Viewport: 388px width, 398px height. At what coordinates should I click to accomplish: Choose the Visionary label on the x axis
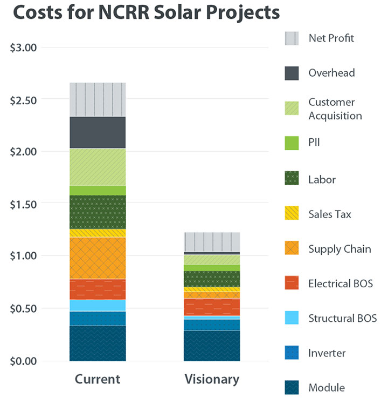click(x=212, y=379)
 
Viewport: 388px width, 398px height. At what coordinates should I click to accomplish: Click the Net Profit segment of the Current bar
click(x=98, y=99)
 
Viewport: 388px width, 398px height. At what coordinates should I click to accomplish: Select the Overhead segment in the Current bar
click(x=98, y=132)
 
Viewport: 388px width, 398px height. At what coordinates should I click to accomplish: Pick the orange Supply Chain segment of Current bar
click(x=98, y=258)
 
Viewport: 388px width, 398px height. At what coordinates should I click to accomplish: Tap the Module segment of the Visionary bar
click(x=212, y=346)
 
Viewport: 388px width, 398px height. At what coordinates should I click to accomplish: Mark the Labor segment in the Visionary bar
click(x=212, y=279)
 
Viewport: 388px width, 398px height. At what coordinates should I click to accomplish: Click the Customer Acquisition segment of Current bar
click(x=98, y=167)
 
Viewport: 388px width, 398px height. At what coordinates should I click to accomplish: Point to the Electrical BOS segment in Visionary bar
click(x=212, y=307)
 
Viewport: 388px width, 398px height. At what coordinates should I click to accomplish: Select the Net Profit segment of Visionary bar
click(x=212, y=242)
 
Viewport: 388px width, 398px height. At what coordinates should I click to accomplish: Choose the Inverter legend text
click(x=327, y=353)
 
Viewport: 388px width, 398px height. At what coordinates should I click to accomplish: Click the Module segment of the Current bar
click(x=98, y=343)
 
